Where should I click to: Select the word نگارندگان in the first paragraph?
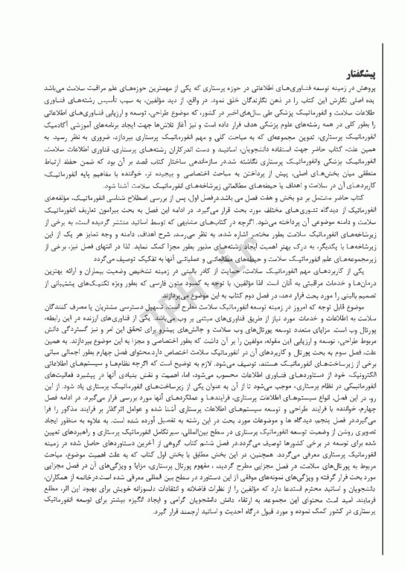point(246,98)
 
